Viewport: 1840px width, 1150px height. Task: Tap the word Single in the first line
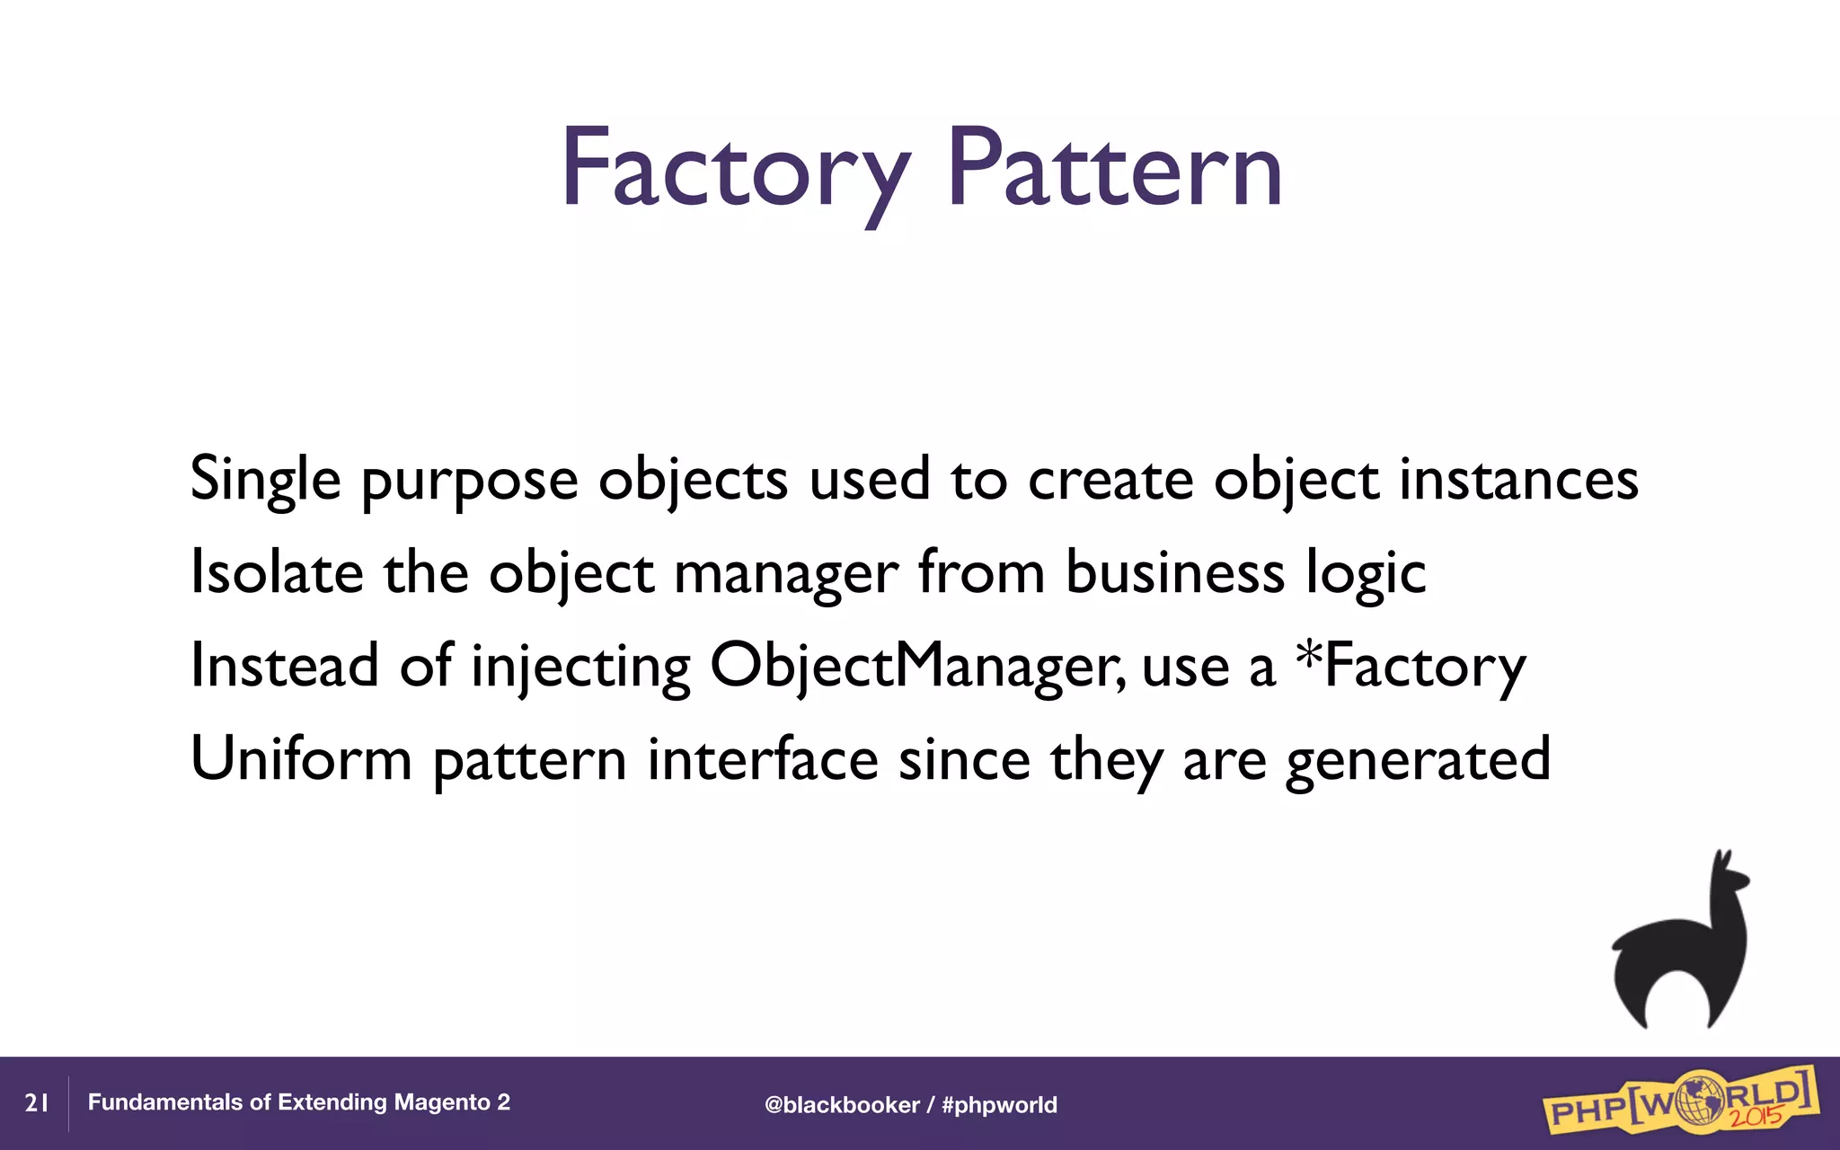(265, 480)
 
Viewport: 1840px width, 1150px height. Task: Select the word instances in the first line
(1518, 480)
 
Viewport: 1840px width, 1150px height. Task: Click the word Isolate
(277, 573)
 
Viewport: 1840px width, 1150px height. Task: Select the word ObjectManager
(916, 667)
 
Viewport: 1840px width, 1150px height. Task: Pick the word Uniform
(301, 760)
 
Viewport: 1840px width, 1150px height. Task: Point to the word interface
(762, 760)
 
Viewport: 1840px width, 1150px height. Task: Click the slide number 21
(36, 1103)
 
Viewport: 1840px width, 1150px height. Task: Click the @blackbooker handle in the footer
(841, 1105)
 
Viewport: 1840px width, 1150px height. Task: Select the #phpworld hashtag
(999, 1105)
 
